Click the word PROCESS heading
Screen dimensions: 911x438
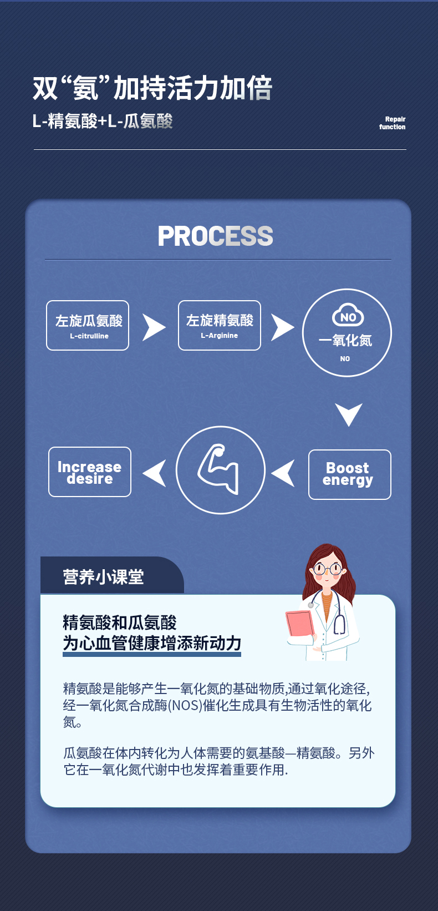click(x=215, y=236)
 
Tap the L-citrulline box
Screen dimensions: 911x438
click(x=88, y=326)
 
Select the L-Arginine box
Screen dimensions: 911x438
click(x=220, y=326)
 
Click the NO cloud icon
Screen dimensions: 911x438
click(x=348, y=316)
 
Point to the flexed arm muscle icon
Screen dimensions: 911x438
click(x=220, y=469)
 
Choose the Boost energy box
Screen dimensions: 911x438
click(x=349, y=474)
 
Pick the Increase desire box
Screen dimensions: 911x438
click(x=90, y=472)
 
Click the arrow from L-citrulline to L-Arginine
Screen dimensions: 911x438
click(x=154, y=327)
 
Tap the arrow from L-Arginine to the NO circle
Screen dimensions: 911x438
click(x=282, y=327)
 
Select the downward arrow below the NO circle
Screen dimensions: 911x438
click(x=349, y=414)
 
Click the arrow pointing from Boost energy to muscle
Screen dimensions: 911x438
click(x=284, y=473)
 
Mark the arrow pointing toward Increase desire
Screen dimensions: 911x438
click(x=155, y=473)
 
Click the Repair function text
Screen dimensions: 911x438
click(x=393, y=123)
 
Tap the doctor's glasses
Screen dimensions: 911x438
click(x=327, y=569)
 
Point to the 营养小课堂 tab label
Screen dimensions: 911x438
click(x=104, y=577)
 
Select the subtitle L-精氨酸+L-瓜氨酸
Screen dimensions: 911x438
click(x=103, y=121)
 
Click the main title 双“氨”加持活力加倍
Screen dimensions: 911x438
click(x=152, y=88)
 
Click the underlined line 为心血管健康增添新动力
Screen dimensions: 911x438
click(x=152, y=643)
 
